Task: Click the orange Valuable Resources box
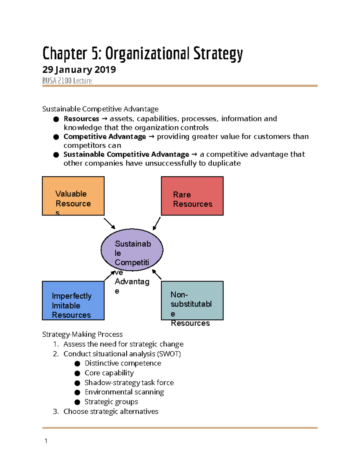[x=73, y=196]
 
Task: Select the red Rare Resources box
[x=192, y=196]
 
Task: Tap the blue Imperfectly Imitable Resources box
[x=73, y=300]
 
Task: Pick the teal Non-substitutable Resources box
[x=192, y=300]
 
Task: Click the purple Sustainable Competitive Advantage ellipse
[x=132, y=250]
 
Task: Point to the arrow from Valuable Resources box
[x=109, y=224]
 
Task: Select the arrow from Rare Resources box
[x=157, y=224]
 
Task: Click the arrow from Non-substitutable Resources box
[x=157, y=275]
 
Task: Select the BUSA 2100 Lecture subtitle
[x=67, y=81]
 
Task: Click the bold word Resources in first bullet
[x=81, y=119]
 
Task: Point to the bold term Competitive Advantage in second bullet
[x=105, y=137]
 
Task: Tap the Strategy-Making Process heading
[x=82, y=334]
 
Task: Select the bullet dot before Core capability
[x=77, y=373]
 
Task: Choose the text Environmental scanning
[x=124, y=392]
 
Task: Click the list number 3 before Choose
[x=55, y=411]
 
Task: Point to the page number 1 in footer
[x=46, y=441]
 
